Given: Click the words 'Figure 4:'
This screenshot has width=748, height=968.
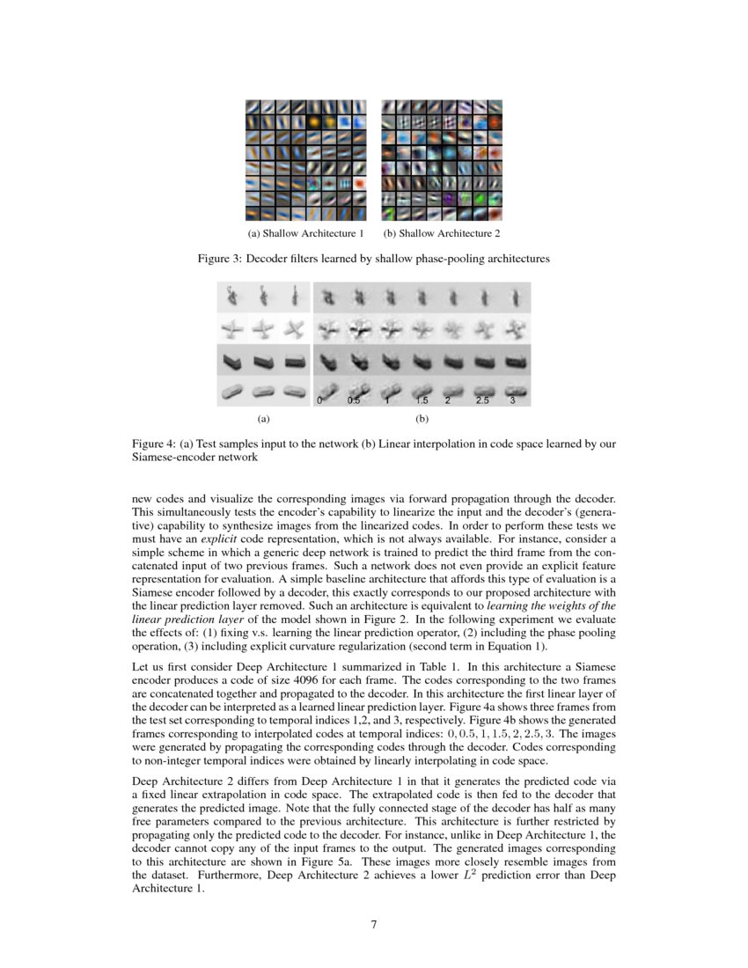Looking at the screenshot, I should [153, 444].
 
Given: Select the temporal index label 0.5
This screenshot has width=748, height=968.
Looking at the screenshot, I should [354, 400].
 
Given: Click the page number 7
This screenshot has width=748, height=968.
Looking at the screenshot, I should [374, 924].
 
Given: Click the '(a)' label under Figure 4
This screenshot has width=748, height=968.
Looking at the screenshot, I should [262, 420].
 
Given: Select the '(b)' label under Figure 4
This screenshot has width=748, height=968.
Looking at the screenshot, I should [421, 420].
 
